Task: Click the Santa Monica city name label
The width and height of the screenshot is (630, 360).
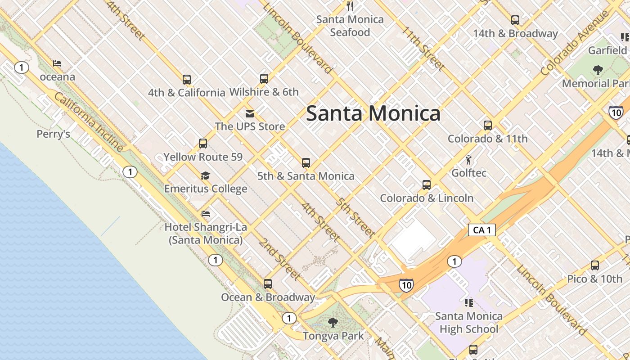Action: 373,113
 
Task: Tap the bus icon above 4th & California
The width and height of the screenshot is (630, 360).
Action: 187,80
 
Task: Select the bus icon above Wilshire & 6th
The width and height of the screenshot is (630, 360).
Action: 264,79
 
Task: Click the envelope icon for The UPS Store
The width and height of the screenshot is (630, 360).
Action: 250,113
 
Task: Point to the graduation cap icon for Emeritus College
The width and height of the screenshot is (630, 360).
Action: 206,175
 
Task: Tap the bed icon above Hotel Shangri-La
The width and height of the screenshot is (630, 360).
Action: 206,214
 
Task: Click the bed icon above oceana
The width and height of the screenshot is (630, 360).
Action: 57,63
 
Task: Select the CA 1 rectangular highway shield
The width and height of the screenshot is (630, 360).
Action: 481,230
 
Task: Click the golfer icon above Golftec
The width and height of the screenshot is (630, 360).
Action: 468,160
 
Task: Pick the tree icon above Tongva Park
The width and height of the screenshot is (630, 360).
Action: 333,322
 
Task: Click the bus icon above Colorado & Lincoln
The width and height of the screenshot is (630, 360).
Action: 427,185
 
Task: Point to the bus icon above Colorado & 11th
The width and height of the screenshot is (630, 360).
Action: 488,126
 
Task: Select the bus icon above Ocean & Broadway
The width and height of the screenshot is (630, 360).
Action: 268,284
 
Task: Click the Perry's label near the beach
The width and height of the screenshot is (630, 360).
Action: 53,134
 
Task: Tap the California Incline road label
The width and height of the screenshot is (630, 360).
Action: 89,121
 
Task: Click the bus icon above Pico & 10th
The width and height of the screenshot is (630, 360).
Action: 595,265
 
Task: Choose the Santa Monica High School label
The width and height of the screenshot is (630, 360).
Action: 469,323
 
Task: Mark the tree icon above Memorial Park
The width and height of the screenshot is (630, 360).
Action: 598,70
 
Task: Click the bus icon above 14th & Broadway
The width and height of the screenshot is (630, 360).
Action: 515,20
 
